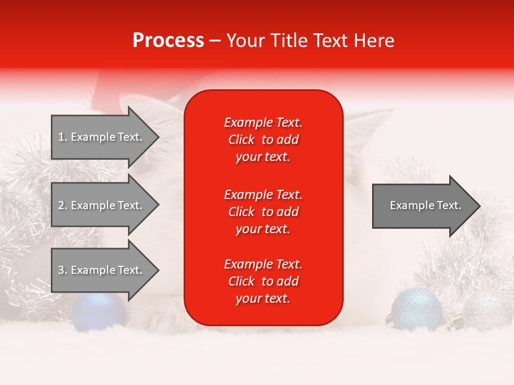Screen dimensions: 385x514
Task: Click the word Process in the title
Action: [168, 41]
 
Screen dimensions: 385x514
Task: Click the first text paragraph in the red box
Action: [263, 140]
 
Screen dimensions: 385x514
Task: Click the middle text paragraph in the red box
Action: [263, 211]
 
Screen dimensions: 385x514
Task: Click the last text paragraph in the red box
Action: [263, 281]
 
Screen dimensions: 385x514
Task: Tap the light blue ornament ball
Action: [417, 309]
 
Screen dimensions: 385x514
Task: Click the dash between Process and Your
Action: [215, 41]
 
